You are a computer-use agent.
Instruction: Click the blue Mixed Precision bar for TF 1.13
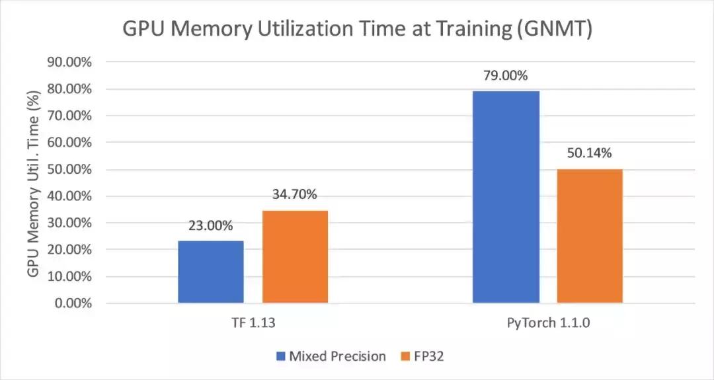[x=210, y=272]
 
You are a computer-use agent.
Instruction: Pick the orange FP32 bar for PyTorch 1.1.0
[x=590, y=236]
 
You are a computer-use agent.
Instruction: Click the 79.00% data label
[x=506, y=76]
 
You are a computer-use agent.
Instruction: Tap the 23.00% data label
[x=210, y=226]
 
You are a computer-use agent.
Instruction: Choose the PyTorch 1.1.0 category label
[x=548, y=324]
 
